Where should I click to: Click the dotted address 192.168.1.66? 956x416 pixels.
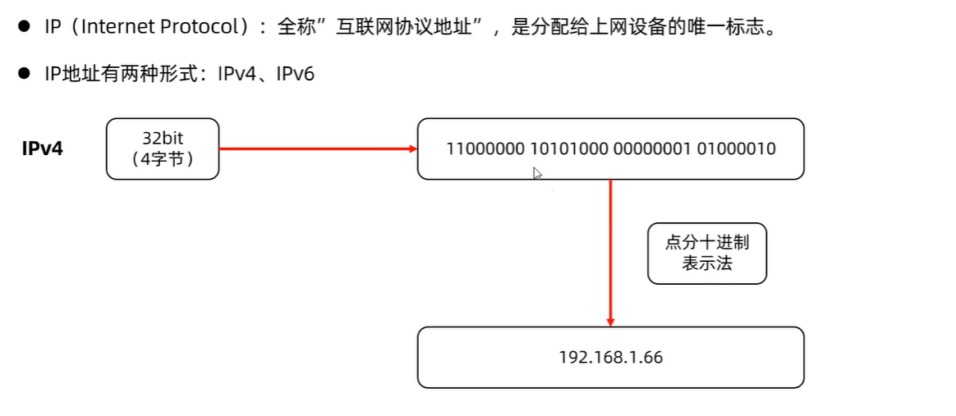(x=610, y=358)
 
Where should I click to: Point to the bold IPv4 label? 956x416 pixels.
(x=43, y=149)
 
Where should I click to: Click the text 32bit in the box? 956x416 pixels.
(x=163, y=138)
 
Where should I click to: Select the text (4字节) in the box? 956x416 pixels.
(x=163, y=159)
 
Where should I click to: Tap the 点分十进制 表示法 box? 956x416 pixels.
(x=707, y=254)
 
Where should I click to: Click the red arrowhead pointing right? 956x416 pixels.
(x=411, y=149)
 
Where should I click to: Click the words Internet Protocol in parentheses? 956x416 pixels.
(x=169, y=27)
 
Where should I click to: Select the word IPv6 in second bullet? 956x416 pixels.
(x=295, y=75)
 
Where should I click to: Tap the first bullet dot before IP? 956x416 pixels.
(x=25, y=27)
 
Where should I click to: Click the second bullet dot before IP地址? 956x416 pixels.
(x=25, y=75)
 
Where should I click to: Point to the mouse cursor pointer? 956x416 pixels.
(x=537, y=173)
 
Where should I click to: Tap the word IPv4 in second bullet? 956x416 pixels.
(x=238, y=75)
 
